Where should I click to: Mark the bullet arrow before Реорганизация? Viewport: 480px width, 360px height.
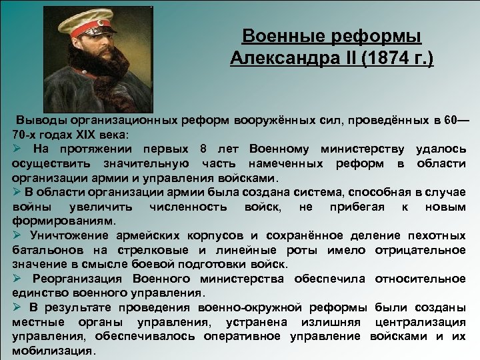point(17,278)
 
